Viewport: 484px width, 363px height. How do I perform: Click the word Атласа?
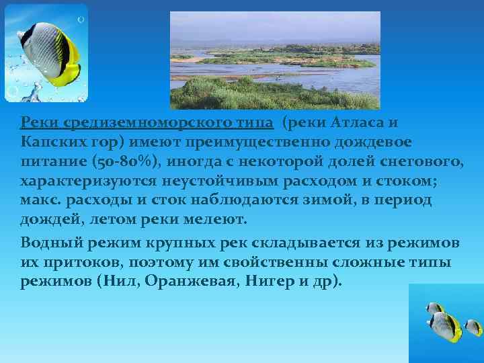[x=361, y=124]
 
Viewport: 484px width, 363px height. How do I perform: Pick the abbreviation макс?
[x=38, y=202]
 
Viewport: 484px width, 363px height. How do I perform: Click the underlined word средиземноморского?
[x=147, y=124]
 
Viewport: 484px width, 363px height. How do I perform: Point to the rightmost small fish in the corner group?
[x=473, y=327]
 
